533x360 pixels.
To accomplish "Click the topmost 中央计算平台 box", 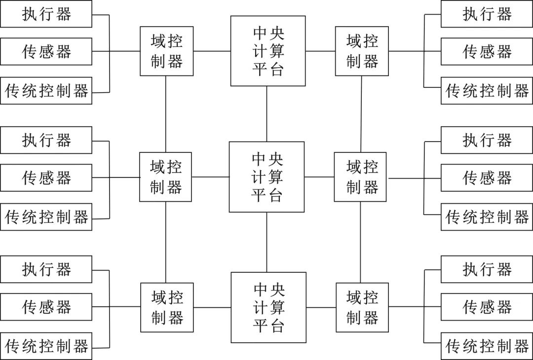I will (x=268, y=51).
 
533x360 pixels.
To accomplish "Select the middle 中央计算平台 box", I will (x=266, y=177).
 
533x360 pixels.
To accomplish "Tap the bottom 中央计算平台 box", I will (x=268, y=307).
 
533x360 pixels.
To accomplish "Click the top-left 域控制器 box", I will (x=166, y=51).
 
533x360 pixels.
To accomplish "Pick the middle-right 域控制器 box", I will (x=360, y=177).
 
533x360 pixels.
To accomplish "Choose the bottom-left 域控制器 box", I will (x=167, y=307).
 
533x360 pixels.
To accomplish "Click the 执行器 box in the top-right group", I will (x=486, y=14).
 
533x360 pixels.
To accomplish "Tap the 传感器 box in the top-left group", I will (x=46, y=51).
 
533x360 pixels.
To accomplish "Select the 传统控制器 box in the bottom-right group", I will (x=486, y=346).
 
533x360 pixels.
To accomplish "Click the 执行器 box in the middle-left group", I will (x=46, y=140).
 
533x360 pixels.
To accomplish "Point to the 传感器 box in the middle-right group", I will (x=486, y=178).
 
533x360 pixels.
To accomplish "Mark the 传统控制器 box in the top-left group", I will (x=46, y=90).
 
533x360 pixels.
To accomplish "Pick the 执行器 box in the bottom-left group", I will (x=46, y=269).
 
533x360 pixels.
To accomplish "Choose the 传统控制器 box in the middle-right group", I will (x=486, y=216).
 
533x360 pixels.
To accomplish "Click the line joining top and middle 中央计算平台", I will (x=267, y=114).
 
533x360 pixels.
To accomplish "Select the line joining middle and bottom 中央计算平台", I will (x=267, y=242).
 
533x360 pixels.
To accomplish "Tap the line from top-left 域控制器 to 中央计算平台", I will (x=212, y=51).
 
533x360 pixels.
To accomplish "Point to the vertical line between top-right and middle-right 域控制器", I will (x=361, y=114).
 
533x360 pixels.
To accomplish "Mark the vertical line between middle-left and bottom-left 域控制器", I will (x=166, y=242).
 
